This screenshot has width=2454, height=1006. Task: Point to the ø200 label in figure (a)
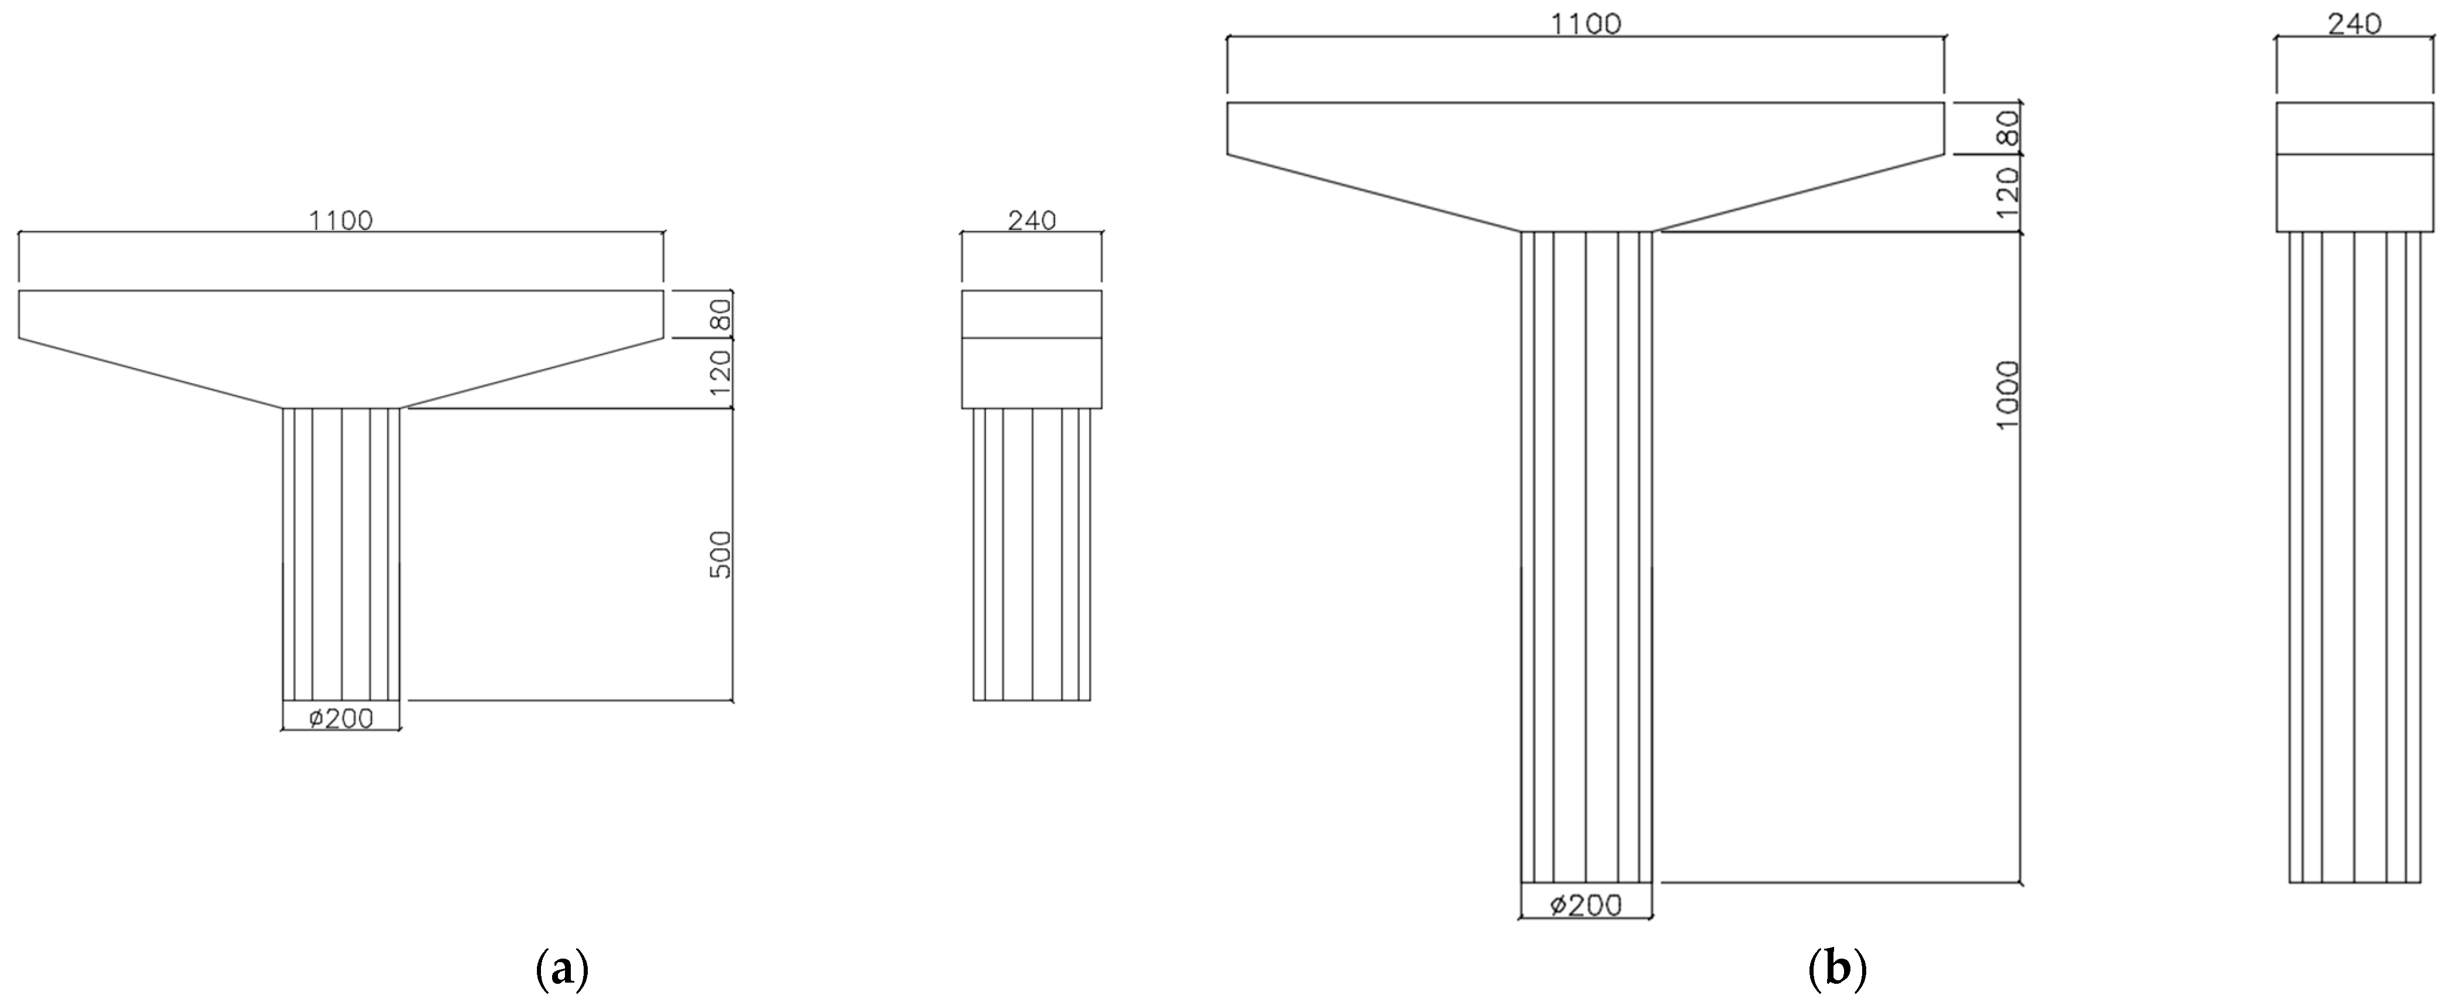pos(341,718)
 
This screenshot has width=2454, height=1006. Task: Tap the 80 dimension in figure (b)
pos(2007,128)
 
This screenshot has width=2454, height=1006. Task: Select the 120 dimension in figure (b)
pos(2007,192)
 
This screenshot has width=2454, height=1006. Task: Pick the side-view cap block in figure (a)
pos(1032,349)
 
